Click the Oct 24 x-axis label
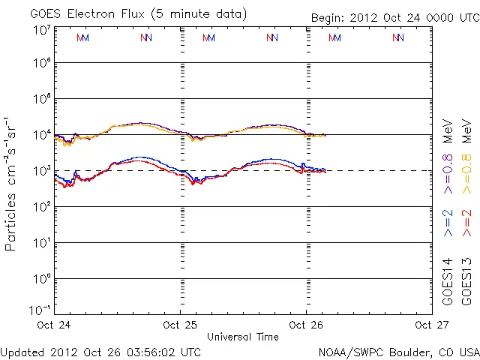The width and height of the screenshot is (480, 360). [x=55, y=325]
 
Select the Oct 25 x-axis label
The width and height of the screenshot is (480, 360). [x=181, y=325]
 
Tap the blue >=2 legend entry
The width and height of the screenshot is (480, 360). [x=448, y=223]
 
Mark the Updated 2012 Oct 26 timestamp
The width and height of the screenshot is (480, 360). [x=101, y=351]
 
